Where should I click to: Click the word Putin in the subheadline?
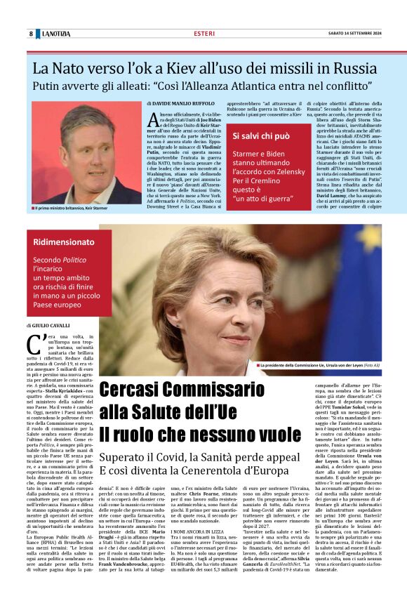50,87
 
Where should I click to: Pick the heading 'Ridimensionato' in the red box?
63,242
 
